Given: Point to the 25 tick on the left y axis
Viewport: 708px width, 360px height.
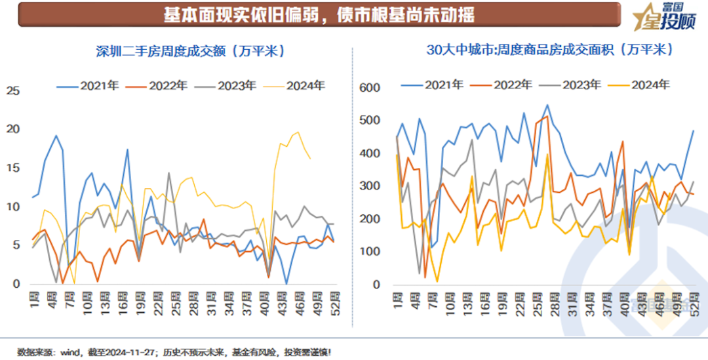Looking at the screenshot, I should [12, 90].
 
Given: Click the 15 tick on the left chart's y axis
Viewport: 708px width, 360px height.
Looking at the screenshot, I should [12, 168].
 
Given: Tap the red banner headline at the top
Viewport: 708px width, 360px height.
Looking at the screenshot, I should [319, 14].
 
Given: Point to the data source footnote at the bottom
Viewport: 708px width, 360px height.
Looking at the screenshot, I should [174, 351].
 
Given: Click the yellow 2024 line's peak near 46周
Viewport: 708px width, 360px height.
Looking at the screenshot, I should [298, 132].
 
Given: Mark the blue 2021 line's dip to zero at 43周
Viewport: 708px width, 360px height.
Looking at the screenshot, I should [286, 283].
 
